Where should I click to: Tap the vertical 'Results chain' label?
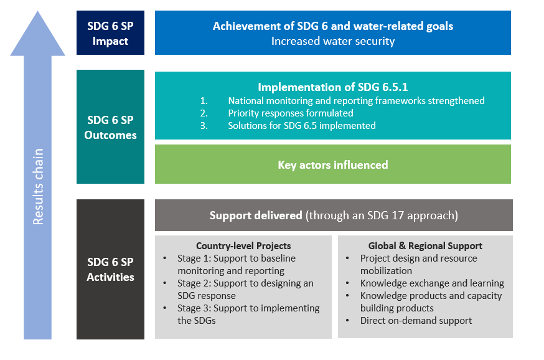[38, 187]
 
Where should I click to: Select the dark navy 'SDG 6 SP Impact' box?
[110, 32]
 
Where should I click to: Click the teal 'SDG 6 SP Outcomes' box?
[110, 126]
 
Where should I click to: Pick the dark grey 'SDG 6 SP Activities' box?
[110, 269]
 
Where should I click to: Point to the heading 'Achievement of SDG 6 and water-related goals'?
[333, 26]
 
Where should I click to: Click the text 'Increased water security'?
[333, 41]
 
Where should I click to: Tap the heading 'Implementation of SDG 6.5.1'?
[333, 87]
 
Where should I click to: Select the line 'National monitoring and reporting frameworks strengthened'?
[356, 101]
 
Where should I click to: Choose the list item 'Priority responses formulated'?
[291, 113]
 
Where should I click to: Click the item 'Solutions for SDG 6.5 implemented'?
[302, 126]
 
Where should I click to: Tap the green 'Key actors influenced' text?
[333, 164]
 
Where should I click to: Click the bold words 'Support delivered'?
[256, 216]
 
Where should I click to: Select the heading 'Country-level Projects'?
[243, 246]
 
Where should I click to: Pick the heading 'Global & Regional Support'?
[425, 246]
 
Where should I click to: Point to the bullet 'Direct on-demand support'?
[416, 320]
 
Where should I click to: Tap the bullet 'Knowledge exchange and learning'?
[432, 283]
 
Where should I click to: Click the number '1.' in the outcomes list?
[204, 101]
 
